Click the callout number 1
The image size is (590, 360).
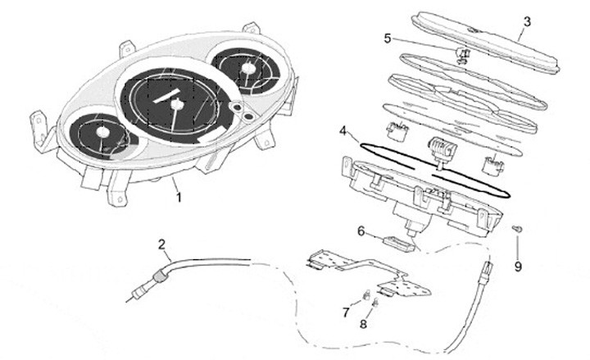tap(178, 197)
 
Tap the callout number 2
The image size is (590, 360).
tap(162, 244)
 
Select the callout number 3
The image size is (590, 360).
tap(527, 21)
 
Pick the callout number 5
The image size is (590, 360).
tap(388, 37)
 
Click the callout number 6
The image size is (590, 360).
tap(360, 232)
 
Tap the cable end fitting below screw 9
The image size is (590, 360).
tap(487, 269)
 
